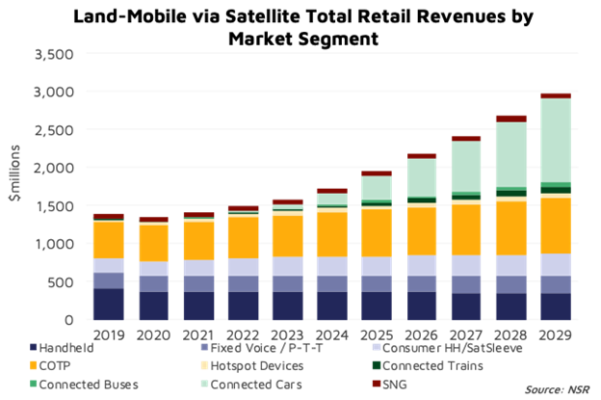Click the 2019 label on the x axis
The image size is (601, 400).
click(108, 334)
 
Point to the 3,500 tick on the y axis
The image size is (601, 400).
click(54, 54)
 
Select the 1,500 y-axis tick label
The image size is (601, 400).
click(54, 205)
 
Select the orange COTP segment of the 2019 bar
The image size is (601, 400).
click(108, 240)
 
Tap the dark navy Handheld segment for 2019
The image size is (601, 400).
click(108, 304)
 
